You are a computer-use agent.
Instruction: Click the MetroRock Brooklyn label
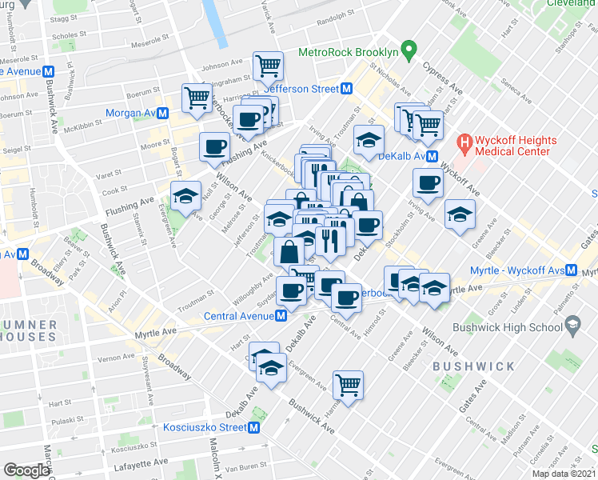(x=348, y=52)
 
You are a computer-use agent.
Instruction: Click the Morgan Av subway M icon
(x=162, y=114)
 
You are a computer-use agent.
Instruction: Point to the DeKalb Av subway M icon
(x=432, y=156)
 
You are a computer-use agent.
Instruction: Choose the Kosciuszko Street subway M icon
(x=254, y=427)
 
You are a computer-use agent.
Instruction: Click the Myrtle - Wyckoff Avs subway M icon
(x=572, y=270)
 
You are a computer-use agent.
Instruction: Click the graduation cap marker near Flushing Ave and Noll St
(x=185, y=195)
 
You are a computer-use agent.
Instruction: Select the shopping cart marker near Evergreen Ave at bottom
(x=349, y=386)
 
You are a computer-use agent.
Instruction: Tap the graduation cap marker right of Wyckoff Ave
(x=460, y=214)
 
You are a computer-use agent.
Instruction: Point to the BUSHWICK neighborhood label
(x=473, y=366)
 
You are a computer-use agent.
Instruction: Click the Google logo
(x=26, y=470)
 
